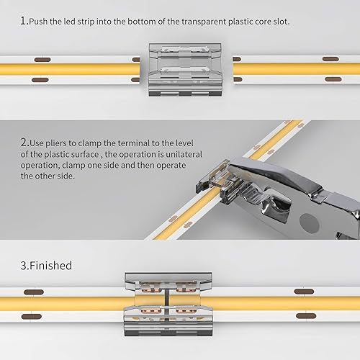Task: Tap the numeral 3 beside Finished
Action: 23,266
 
